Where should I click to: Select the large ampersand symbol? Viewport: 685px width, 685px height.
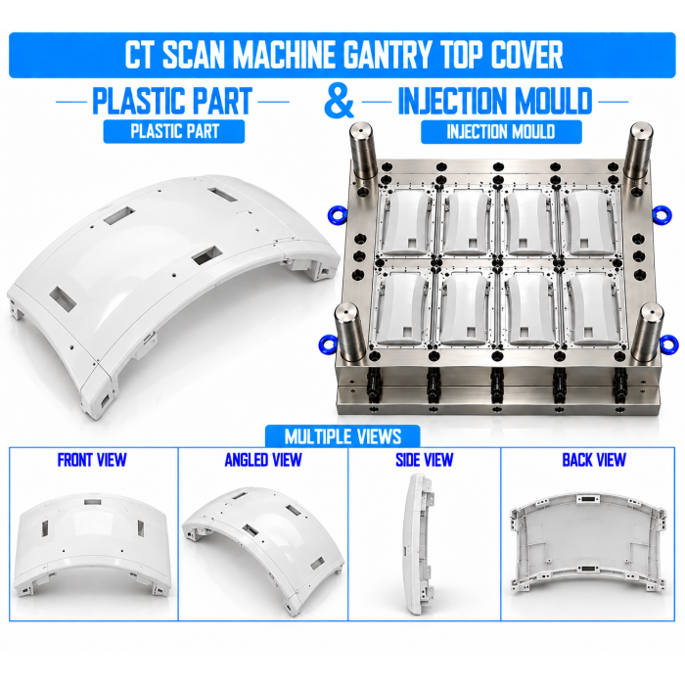point(339,102)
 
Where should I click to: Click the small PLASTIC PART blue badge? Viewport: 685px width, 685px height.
point(174,131)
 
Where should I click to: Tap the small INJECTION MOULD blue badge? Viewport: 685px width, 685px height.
point(501,131)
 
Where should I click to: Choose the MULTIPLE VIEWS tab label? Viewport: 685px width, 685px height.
point(342,436)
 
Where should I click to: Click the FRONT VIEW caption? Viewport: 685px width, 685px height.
point(92,460)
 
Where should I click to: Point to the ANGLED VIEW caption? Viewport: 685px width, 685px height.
point(263,460)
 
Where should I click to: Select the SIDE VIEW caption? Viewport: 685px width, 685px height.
point(424,460)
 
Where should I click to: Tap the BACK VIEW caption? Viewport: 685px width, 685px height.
point(594,460)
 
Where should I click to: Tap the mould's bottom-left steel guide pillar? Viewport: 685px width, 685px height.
point(349,333)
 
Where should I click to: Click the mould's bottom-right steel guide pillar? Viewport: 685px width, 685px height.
point(648,333)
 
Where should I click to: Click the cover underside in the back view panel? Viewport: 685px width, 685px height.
point(588,540)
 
